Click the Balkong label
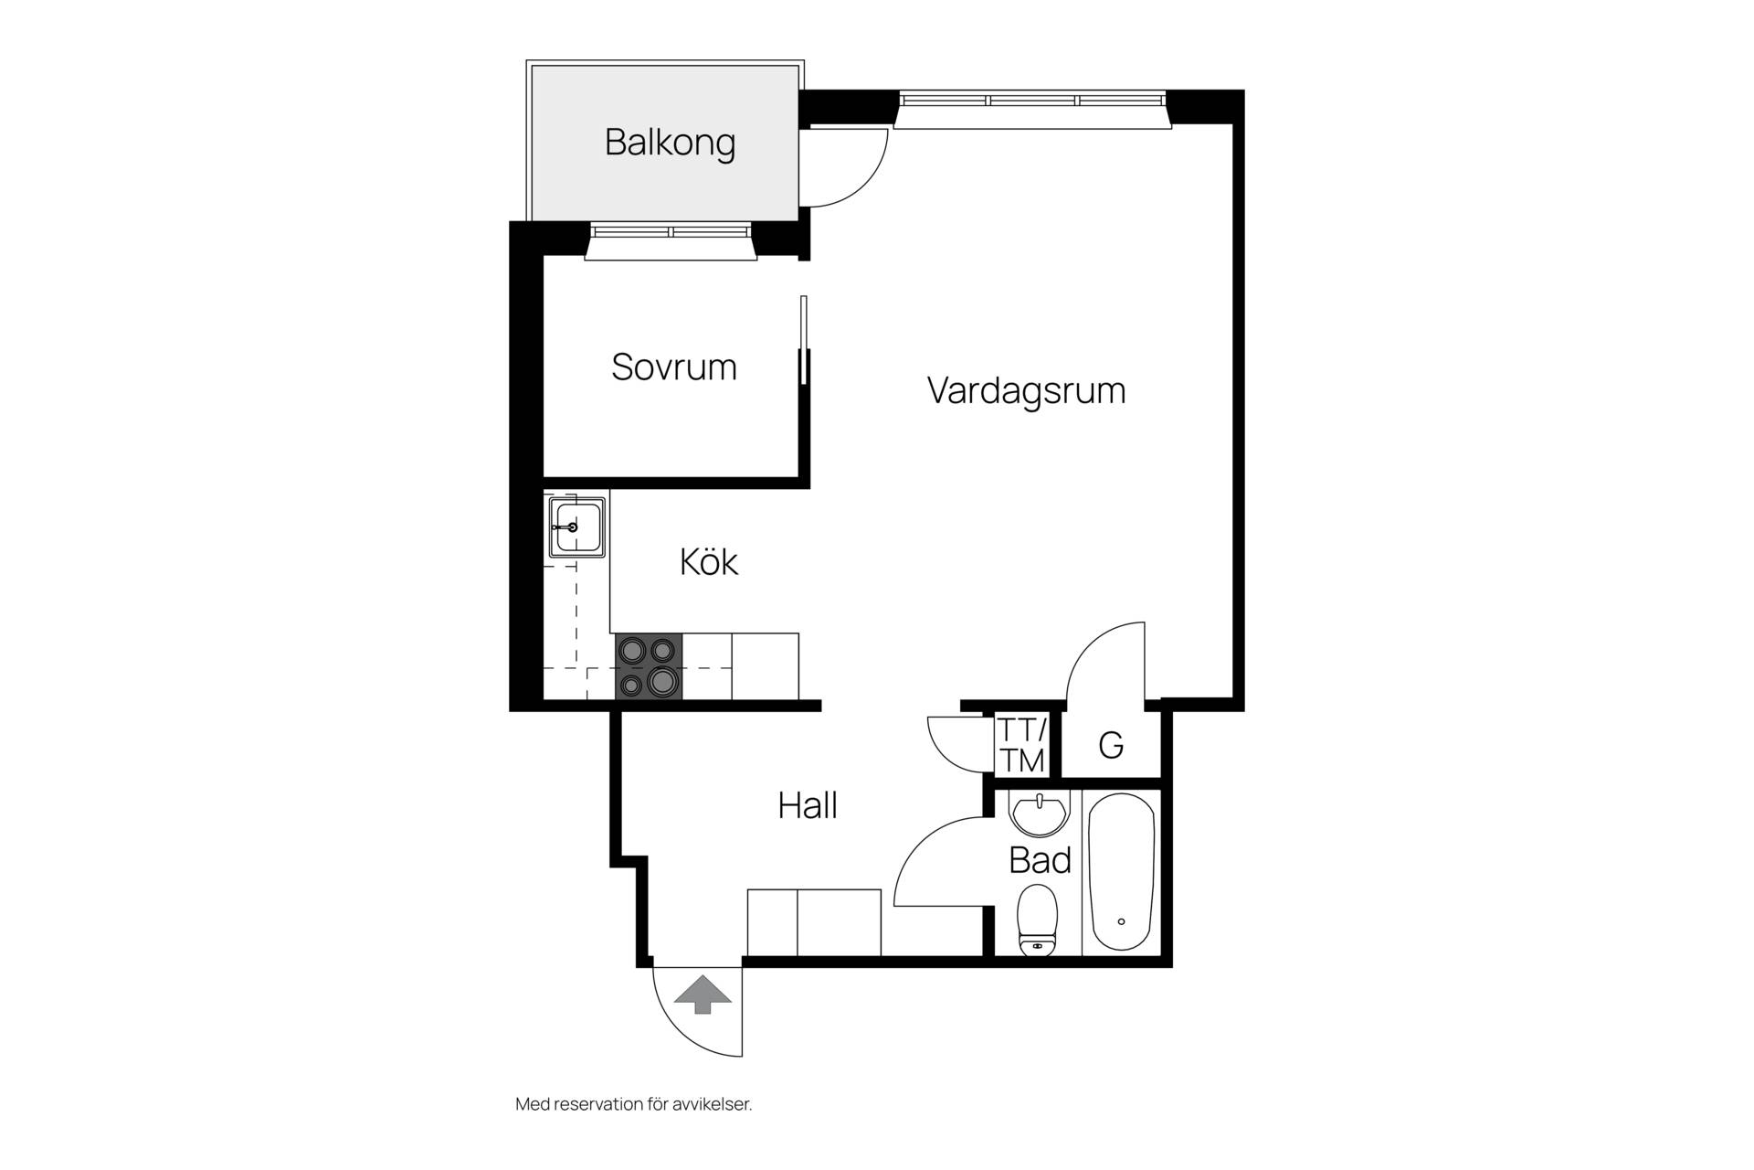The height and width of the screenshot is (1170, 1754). click(x=670, y=144)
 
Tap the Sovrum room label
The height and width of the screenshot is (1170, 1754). click(x=674, y=367)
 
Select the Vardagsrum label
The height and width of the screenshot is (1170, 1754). click(x=1026, y=391)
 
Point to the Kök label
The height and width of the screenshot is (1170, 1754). click(x=709, y=560)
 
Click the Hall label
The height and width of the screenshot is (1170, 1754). click(x=808, y=805)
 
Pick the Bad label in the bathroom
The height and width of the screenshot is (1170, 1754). click(x=1040, y=860)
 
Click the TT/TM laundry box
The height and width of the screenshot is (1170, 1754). click(x=1021, y=744)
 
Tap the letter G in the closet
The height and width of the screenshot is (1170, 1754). click(x=1111, y=746)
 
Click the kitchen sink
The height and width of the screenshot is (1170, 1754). click(x=576, y=527)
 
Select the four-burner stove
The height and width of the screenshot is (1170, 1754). click(x=649, y=667)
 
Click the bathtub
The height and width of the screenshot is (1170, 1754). click(x=1121, y=873)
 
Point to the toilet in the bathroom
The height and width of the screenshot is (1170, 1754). click(x=1038, y=919)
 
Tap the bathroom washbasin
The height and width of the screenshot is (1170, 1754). click(x=1039, y=814)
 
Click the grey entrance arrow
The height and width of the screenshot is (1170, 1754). click(x=703, y=994)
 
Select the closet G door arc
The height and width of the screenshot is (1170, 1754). click(x=1087, y=643)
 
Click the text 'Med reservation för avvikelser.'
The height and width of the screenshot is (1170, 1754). click(x=634, y=1104)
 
